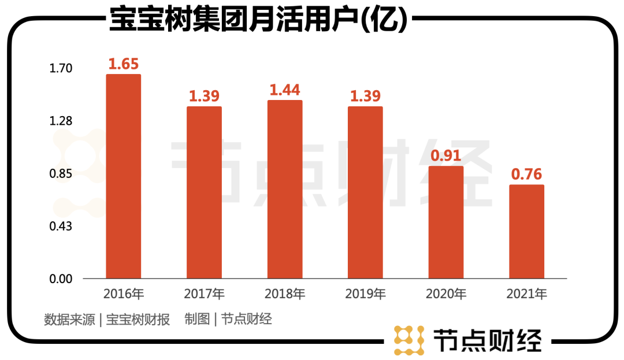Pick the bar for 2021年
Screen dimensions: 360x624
tap(526, 232)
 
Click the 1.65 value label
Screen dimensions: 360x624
tap(124, 64)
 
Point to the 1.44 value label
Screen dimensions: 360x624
tap(285, 90)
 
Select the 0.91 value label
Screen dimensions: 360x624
tap(446, 156)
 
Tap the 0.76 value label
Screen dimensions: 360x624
tap(526, 175)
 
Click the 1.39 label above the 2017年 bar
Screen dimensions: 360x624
tap(204, 97)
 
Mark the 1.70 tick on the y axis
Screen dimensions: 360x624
tap(61, 69)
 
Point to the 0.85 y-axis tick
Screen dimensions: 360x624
tap(61, 174)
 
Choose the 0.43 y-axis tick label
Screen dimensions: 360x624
tap(61, 226)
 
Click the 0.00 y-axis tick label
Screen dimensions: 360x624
tap(61, 279)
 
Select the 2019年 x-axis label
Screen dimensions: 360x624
tap(365, 294)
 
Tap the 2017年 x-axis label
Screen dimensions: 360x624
tap(204, 294)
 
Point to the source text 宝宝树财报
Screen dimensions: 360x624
tap(139, 320)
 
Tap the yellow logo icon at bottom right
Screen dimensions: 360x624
tap(409, 339)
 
